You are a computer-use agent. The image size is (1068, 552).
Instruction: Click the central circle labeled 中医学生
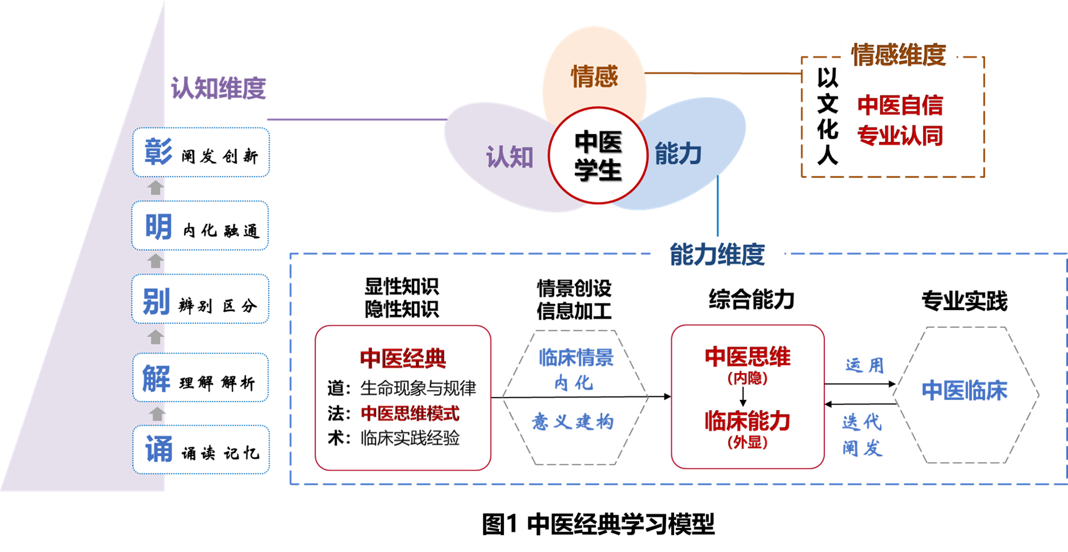(x=598, y=155)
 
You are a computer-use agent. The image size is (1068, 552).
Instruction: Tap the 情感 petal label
(x=594, y=76)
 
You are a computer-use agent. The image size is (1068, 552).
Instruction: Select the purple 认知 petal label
(x=510, y=157)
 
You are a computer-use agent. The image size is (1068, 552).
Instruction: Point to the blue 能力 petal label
(x=678, y=154)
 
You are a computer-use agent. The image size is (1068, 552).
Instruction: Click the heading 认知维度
(x=218, y=88)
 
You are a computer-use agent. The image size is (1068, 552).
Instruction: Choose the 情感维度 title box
(x=898, y=55)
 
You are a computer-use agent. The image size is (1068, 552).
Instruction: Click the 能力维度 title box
(x=717, y=255)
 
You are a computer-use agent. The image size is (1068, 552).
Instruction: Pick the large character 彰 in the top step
(x=158, y=152)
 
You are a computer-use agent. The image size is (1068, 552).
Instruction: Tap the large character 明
(x=158, y=227)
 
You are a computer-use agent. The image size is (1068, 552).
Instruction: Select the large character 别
(x=157, y=301)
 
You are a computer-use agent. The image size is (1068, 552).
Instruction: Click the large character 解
(x=157, y=378)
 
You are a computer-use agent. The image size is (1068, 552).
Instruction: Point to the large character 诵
(x=159, y=450)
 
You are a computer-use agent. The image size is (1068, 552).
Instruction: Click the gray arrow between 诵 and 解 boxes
(x=157, y=414)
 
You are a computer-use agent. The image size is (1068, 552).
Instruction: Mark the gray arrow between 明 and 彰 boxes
(x=155, y=188)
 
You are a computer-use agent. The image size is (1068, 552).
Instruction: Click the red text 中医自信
(x=901, y=106)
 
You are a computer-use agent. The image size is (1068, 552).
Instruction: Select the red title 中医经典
(x=403, y=358)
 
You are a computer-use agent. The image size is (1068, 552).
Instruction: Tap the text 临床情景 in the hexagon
(x=576, y=357)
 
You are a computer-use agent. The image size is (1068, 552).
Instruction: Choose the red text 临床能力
(x=748, y=421)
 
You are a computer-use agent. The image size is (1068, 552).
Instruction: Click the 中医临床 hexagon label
(x=965, y=390)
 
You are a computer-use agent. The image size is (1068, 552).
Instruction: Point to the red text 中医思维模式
(x=410, y=414)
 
